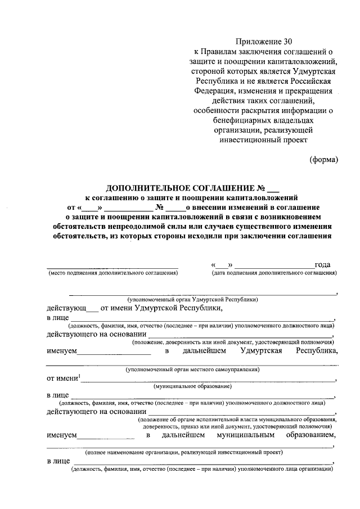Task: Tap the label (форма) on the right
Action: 324,160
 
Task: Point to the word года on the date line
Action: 322,264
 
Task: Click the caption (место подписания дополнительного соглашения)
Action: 112,273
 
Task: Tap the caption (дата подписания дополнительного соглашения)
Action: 274,273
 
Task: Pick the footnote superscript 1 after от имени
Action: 80,376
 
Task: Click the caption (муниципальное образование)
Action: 193,387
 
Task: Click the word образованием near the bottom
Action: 311,435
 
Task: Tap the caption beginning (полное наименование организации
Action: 184,452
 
